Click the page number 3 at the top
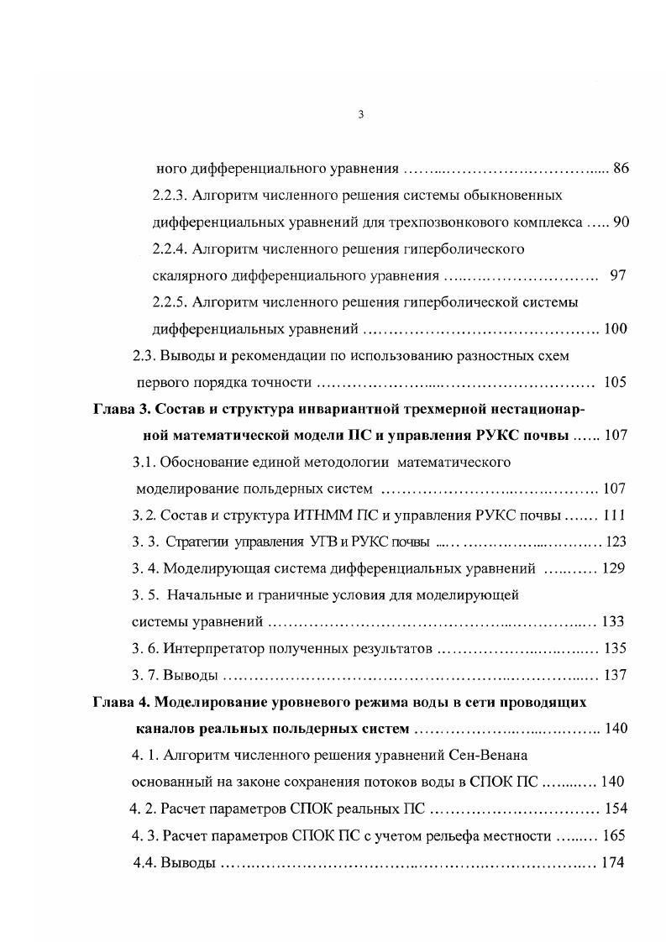tap(360, 115)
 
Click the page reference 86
tap(621, 168)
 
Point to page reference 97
tap(618, 275)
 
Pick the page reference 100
tap(616, 329)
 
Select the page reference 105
tap(616, 383)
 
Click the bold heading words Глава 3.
tap(120, 410)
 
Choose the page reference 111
tap(614, 515)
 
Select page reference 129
tap(614, 568)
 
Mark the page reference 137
tap(615, 675)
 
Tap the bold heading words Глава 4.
tap(120, 702)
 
